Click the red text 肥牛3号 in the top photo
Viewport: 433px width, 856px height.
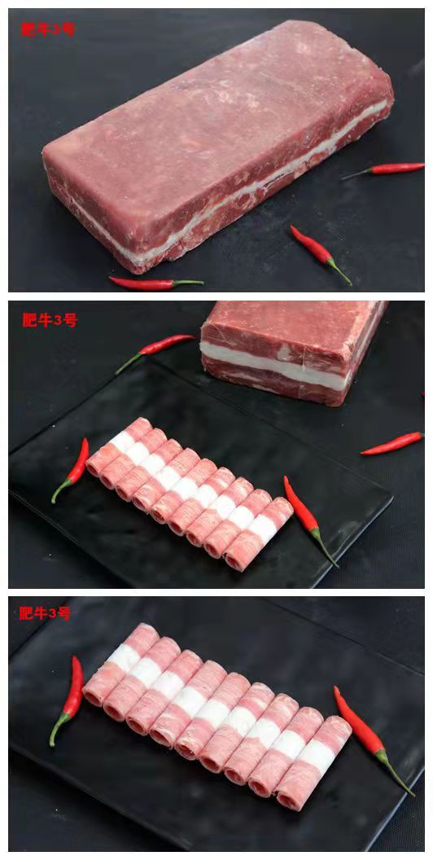pos(47,29)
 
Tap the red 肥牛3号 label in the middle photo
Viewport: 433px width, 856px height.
pos(50,320)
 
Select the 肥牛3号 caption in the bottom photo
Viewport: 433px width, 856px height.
pos(45,613)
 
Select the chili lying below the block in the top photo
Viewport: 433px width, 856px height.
pos(155,283)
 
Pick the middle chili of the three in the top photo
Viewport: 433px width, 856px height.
pos(320,254)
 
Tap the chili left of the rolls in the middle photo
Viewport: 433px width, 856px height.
pos(71,470)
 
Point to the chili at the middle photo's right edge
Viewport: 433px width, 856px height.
pos(392,443)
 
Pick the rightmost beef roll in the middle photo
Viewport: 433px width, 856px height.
pos(259,534)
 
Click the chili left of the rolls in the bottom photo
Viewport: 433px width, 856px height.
pos(68,700)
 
